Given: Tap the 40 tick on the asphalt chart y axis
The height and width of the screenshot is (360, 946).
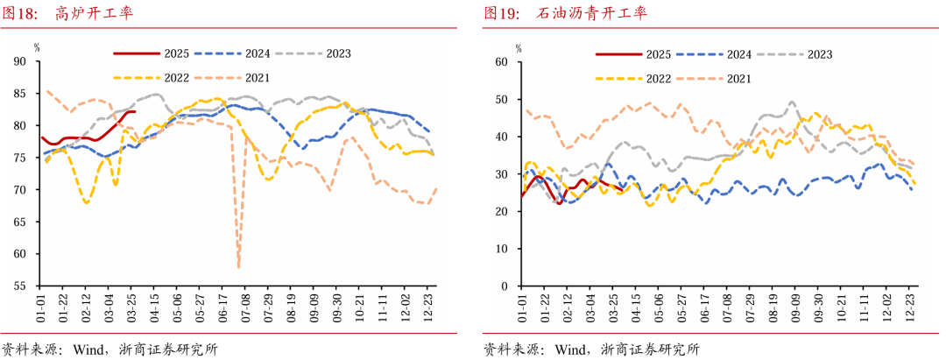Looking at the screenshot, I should (x=503, y=137).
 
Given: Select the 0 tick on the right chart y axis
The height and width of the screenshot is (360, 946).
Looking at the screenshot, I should (x=505, y=286).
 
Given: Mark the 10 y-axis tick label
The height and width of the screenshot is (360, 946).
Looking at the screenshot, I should (x=503, y=249).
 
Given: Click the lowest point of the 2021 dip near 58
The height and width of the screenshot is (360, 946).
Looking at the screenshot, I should (x=238, y=265).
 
